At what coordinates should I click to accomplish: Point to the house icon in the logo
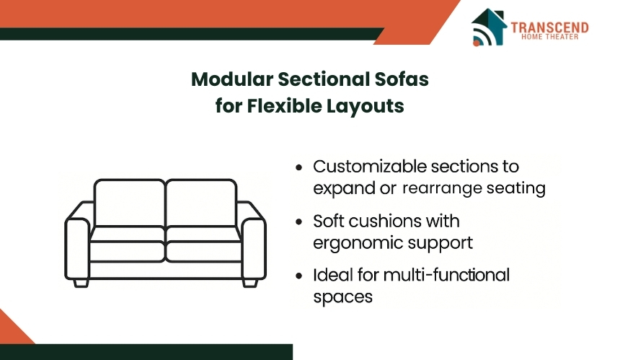pyautogui.click(x=489, y=27)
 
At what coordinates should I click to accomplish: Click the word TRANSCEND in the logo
pyautogui.click(x=549, y=27)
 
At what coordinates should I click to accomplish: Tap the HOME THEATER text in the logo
pyautogui.click(x=549, y=37)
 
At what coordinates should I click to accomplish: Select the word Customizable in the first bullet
pyautogui.click(x=370, y=167)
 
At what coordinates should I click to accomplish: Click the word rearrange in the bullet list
pyautogui.click(x=443, y=188)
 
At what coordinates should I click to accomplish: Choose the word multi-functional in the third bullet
pyautogui.click(x=446, y=275)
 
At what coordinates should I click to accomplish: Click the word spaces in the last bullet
pyautogui.click(x=343, y=297)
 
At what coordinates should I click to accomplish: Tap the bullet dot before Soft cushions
pyautogui.click(x=299, y=221)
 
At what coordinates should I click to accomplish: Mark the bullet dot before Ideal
pyautogui.click(x=299, y=276)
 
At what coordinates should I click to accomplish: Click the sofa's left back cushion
pyautogui.click(x=130, y=203)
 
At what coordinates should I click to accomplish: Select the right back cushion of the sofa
pyautogui.click(x=202, y=203)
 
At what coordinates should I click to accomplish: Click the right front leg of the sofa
pyautogui.click(x=250, y=284)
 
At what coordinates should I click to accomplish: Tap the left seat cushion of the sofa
pyautogui.click(x=127, y=245)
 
